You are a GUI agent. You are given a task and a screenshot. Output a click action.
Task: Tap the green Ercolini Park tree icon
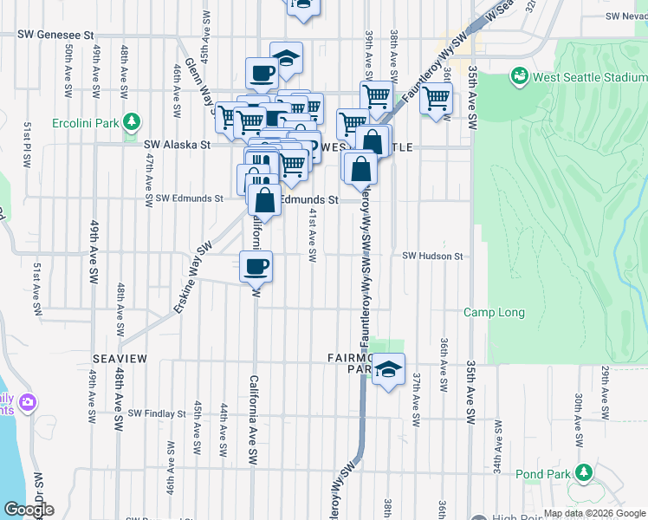point(132,122)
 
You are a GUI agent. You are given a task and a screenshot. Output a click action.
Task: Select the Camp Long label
point(490,312)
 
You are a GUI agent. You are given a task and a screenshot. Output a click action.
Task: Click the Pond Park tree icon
point(583,473)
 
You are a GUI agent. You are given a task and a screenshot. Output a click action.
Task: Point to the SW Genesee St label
point(56,36)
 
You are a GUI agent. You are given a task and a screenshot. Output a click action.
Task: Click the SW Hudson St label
point(433,256)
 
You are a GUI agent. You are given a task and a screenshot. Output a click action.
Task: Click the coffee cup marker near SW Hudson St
point(256,267)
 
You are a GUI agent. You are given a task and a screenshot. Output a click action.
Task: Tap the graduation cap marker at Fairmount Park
point(389,371)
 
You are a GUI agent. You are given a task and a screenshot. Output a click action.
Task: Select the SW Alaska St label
point(178,146)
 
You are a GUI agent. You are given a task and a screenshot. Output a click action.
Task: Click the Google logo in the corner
point(28,510)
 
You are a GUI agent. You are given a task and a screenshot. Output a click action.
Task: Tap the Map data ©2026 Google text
point(593,514)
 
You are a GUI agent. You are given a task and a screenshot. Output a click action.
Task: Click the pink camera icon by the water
point(28,403)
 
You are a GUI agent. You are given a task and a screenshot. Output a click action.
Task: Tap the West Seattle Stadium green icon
point(520,76)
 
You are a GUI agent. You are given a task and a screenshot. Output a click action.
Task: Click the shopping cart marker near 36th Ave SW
point(436,99)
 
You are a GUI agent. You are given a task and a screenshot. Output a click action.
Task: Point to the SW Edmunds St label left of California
point(184,198)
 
